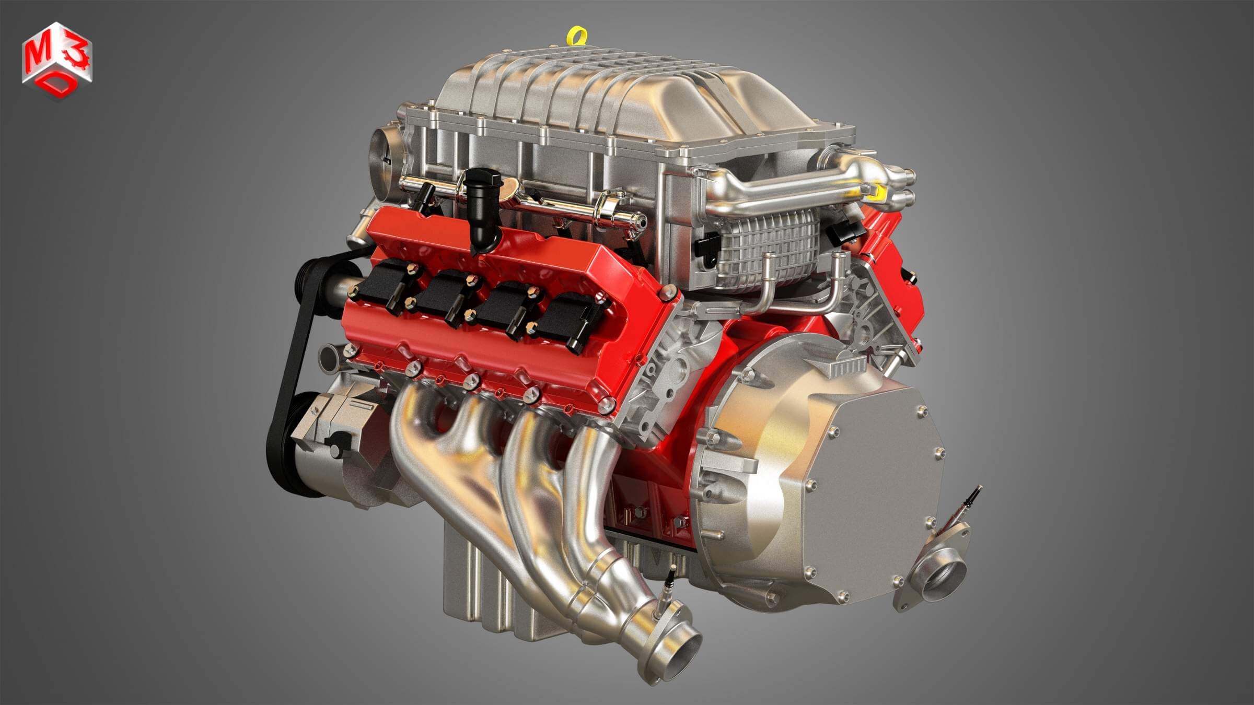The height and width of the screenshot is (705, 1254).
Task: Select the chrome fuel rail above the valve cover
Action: pyautogui.click(x=522, y=201)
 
